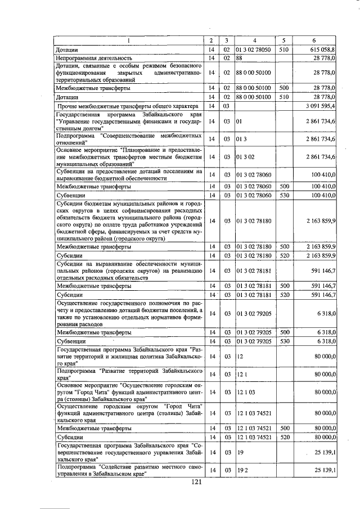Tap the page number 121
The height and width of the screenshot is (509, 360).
pyautogui.click(x=196, y=481)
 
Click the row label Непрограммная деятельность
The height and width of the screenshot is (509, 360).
pyautogui.click(x=93, y=58)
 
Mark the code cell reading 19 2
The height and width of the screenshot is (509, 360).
pyautogui.click(x=242, y=470)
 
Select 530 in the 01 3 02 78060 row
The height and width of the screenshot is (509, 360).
pyautogui.click(x=284, y=194)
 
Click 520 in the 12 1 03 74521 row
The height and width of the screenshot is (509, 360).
pyautogui.click(x=284, y=436)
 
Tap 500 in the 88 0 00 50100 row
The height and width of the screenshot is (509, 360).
pyautogui.click(x=284, y=88)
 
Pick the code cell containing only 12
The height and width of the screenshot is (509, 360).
pyautogui.click(x=240, y=356)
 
